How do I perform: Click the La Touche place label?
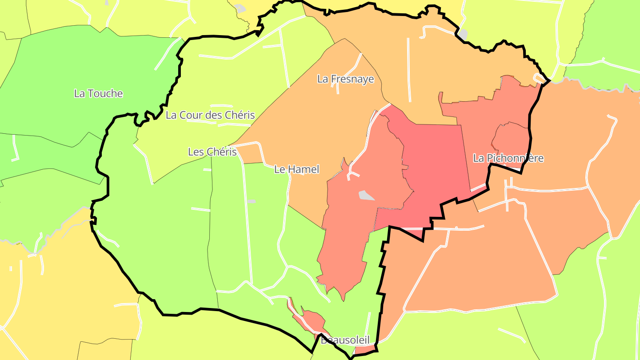click(98, 93)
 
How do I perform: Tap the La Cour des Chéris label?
click(210, 115)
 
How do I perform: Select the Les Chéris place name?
click(212, 152)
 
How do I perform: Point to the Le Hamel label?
click(296, 169)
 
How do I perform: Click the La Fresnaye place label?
click(345, 79)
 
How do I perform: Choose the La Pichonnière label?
click(508, 158)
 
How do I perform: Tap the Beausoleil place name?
click(345, 340)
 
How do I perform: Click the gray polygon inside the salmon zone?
click(366, 195)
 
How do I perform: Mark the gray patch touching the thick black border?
click(463, 34)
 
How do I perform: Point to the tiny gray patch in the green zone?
click(252, 202)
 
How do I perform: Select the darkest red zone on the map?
click(436, 169)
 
